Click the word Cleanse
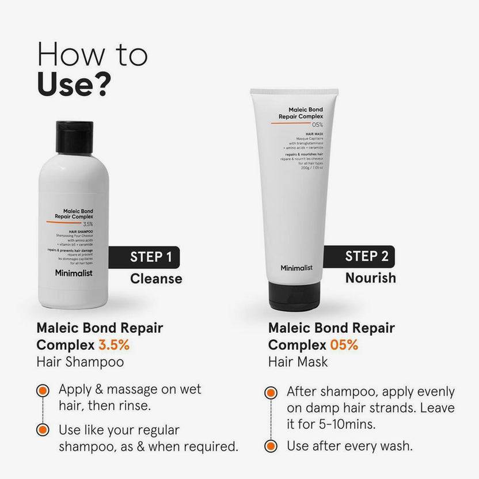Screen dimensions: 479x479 click(156, 279)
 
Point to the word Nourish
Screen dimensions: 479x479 click(371, 278)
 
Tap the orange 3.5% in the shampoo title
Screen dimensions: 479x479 click(114, 345)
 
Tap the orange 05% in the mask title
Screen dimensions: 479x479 click(344, 345)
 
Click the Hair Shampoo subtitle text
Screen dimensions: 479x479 click(80, 362)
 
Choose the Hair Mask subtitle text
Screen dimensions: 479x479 click(298, 362)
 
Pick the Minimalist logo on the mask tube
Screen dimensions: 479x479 click(296, 268)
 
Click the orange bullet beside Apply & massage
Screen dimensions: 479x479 click(42, 390)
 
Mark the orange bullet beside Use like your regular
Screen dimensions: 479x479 click(42, 430)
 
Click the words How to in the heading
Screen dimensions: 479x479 click(92, 54)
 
